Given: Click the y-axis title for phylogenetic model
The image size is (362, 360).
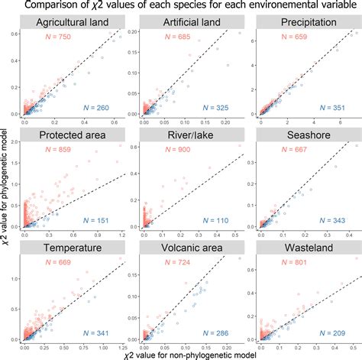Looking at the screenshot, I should (6, 183).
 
